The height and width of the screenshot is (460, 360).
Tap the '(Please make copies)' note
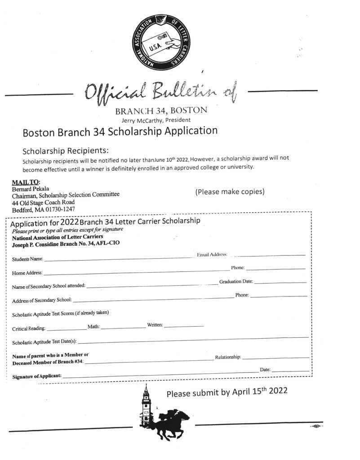pos(230,192)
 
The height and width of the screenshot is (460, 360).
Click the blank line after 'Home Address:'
pos(135,272)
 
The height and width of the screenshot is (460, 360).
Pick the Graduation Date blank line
pos(280,282)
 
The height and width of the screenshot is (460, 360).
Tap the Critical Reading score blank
pos(66,329)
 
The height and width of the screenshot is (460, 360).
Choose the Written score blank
pos(184,325)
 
